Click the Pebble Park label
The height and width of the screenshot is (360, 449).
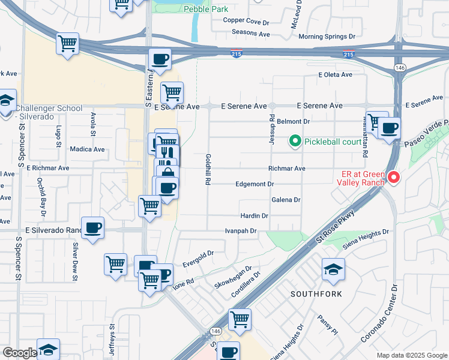pyautogui.click(x=206, y=9)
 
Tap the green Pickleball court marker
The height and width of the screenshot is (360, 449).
pyautogui.click(x=295, y=142)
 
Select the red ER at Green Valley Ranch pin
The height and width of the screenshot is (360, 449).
pyautogui.click(x=393, y=177)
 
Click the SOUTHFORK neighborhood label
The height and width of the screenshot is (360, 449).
pyautogui.click(x=316, y=294)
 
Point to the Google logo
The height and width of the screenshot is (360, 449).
pyautogui.click(x=19, y=353)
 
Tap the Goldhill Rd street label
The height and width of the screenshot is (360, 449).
pyautogui.click(x=208, y=167)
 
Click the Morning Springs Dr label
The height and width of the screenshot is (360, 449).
pyautogui.click(x=327, y=37)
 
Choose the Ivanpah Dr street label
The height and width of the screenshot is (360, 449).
pyautogui.click(x=241, y=230)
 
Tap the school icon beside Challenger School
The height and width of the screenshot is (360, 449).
pyautogui.click(x=7, y=101)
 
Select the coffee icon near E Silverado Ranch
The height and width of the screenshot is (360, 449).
pyautogui.click(x=92, y=228)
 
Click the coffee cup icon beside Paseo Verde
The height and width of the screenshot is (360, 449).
pyautogui.click(x=389, y=128)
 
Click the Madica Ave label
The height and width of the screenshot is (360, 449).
pyautogui.click(x=87, y=149)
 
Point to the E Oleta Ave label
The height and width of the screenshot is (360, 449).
pyautogui.click(x=335, y=75)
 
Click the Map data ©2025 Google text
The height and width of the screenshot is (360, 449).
pyautogui.click(x=411, y=355)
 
